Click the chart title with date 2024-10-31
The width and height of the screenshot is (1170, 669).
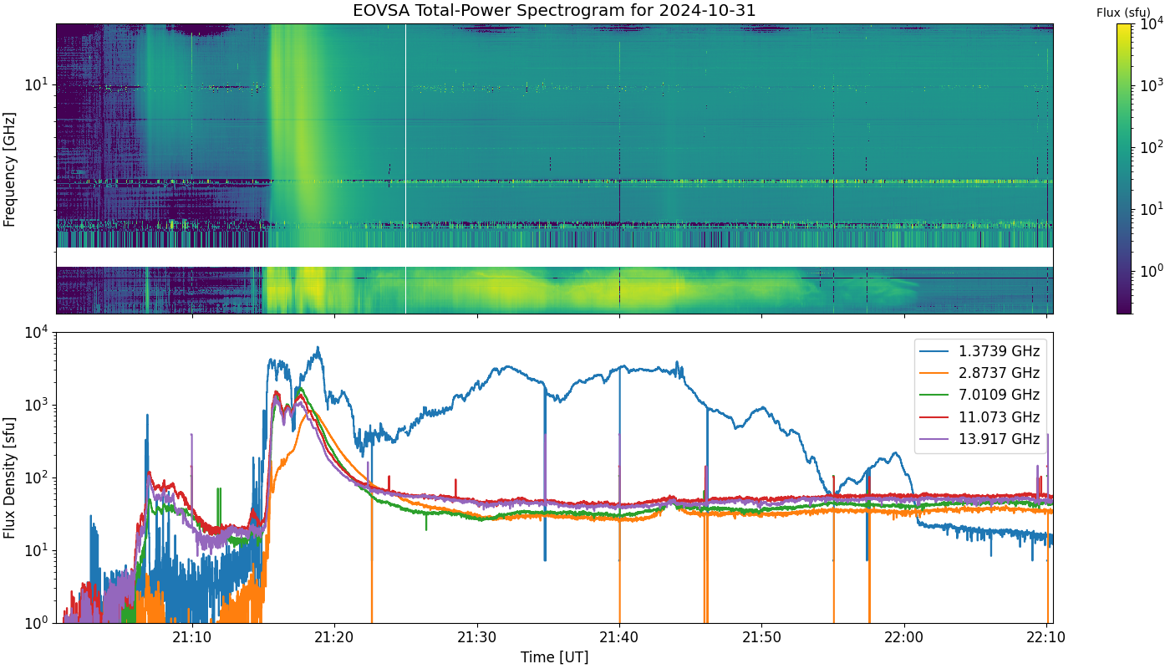554,10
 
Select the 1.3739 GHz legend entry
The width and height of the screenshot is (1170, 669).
979,350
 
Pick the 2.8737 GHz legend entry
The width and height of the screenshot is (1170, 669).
979,373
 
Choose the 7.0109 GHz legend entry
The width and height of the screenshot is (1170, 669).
979,395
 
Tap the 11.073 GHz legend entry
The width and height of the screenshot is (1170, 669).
979,416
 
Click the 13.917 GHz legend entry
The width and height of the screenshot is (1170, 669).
979,438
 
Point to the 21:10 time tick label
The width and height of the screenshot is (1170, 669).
192,637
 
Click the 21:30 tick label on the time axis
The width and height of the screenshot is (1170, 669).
477,637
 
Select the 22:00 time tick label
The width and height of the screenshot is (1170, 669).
904,637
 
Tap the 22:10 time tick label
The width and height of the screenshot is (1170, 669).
1046,637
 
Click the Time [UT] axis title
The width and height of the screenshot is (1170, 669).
554,657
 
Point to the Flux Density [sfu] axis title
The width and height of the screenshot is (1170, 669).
9,477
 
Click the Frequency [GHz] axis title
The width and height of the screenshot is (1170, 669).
9,169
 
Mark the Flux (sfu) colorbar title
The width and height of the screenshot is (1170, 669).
1123,13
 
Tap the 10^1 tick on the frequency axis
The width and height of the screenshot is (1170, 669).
37,84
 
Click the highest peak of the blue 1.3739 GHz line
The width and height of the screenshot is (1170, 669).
318,347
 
